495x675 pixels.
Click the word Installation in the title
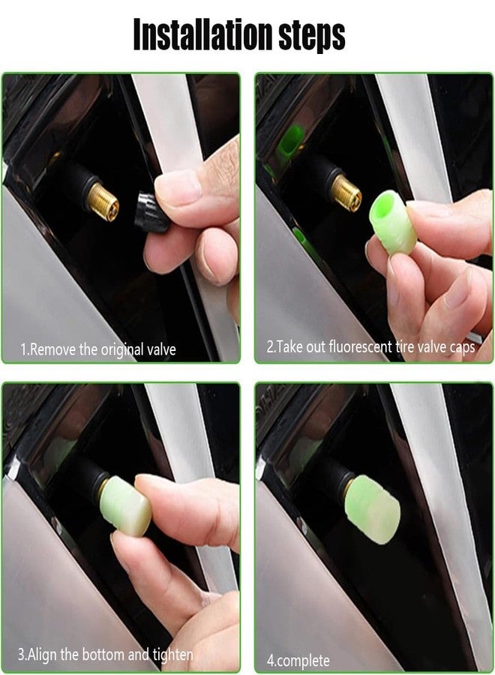tap(202, 34)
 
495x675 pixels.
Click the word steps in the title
tap(312, 36)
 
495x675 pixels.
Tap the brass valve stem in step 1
tap(104, 203)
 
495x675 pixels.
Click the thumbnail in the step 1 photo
tap(178, 185)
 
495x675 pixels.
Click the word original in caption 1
tap(123, 349)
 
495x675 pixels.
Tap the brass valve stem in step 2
tap(346, 193)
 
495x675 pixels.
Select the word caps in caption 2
tap(462, 347)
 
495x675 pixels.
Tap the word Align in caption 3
tap(43, 654)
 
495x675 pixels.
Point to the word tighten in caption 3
tap(172, 654)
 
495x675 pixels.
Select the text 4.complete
tap(298, 660)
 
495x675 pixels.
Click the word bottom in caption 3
tap(103, 654)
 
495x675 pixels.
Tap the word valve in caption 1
tap(161, 349)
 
